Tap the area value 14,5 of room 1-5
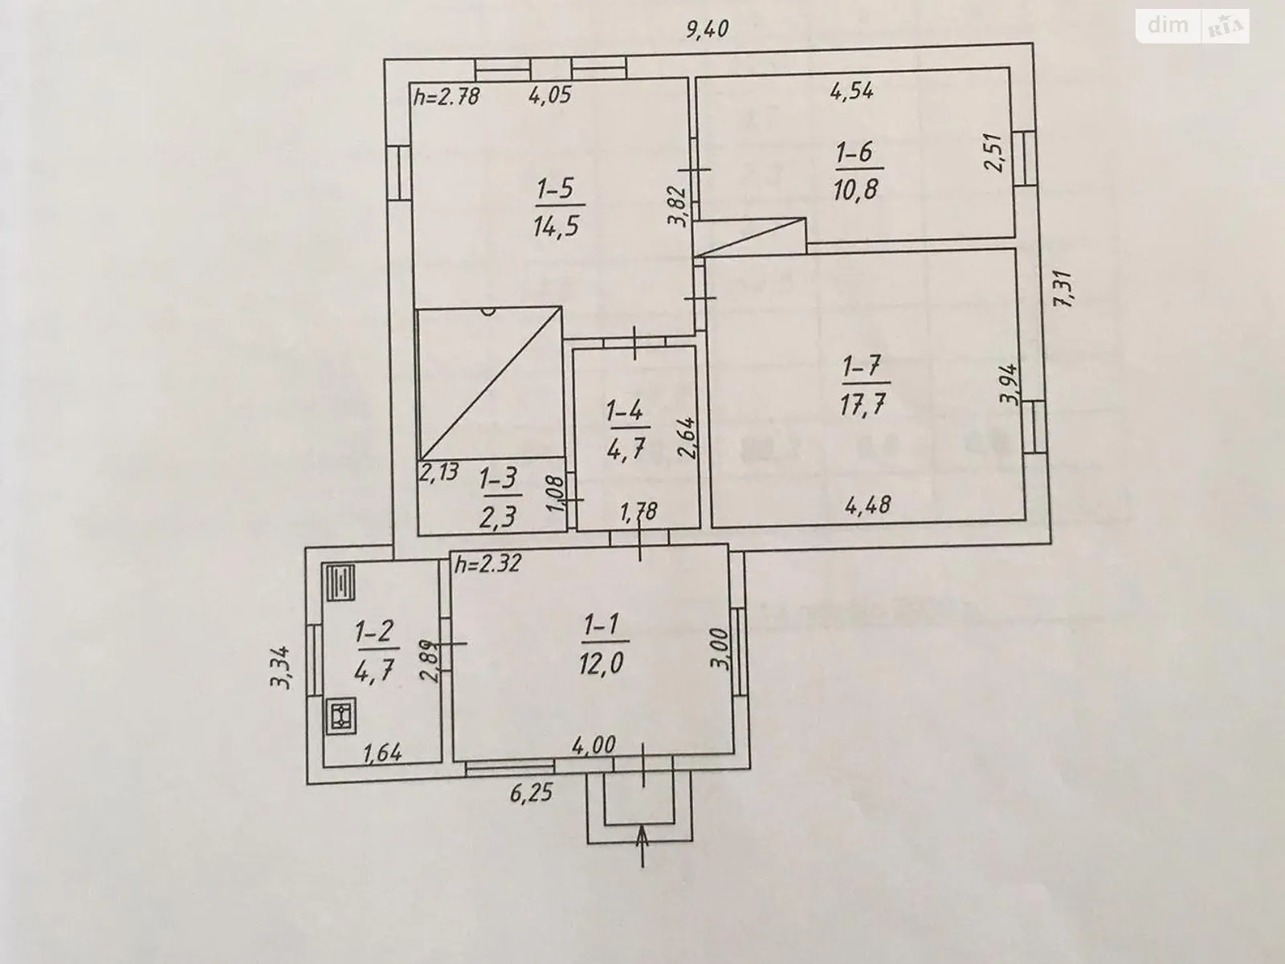point(555,226)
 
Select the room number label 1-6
point(856,152)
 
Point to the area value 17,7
point(864,402)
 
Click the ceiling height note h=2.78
point(447,96)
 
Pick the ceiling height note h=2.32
point(487,564)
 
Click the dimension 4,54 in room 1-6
point(851,90)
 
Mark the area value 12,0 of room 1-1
point(602,664)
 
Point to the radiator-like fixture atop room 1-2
point(340,582)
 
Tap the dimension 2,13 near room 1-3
point(439,472)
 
